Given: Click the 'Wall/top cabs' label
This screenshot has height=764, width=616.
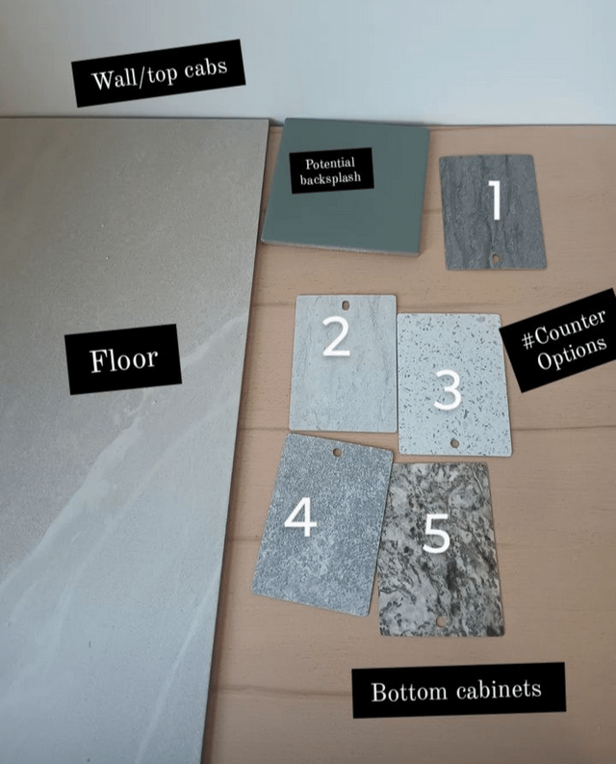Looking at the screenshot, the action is click(158, 73).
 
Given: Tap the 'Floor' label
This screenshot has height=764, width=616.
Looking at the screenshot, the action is click(123, 359).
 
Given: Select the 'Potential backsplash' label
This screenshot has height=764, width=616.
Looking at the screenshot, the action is click(331, 171).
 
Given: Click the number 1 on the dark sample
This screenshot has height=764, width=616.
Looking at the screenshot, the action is click(496, 199).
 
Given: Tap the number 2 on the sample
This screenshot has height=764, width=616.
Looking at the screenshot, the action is click(337, 336).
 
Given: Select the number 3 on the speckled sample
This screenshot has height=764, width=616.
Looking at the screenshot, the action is click(448, 389).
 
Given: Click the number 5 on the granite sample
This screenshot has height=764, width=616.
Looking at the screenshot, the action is click(437, 534).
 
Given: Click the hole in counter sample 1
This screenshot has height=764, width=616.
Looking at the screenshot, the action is click(496, 258).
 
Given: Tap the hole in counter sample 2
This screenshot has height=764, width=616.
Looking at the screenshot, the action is click(346, 305).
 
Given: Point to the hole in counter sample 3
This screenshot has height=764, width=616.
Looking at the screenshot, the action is click(454, 443).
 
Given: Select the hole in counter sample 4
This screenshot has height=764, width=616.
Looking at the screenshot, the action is click(337, 452).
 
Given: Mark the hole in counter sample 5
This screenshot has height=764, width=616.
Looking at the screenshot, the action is click(441, 621).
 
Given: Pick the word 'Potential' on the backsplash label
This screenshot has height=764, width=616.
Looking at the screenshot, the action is click(330, 163).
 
